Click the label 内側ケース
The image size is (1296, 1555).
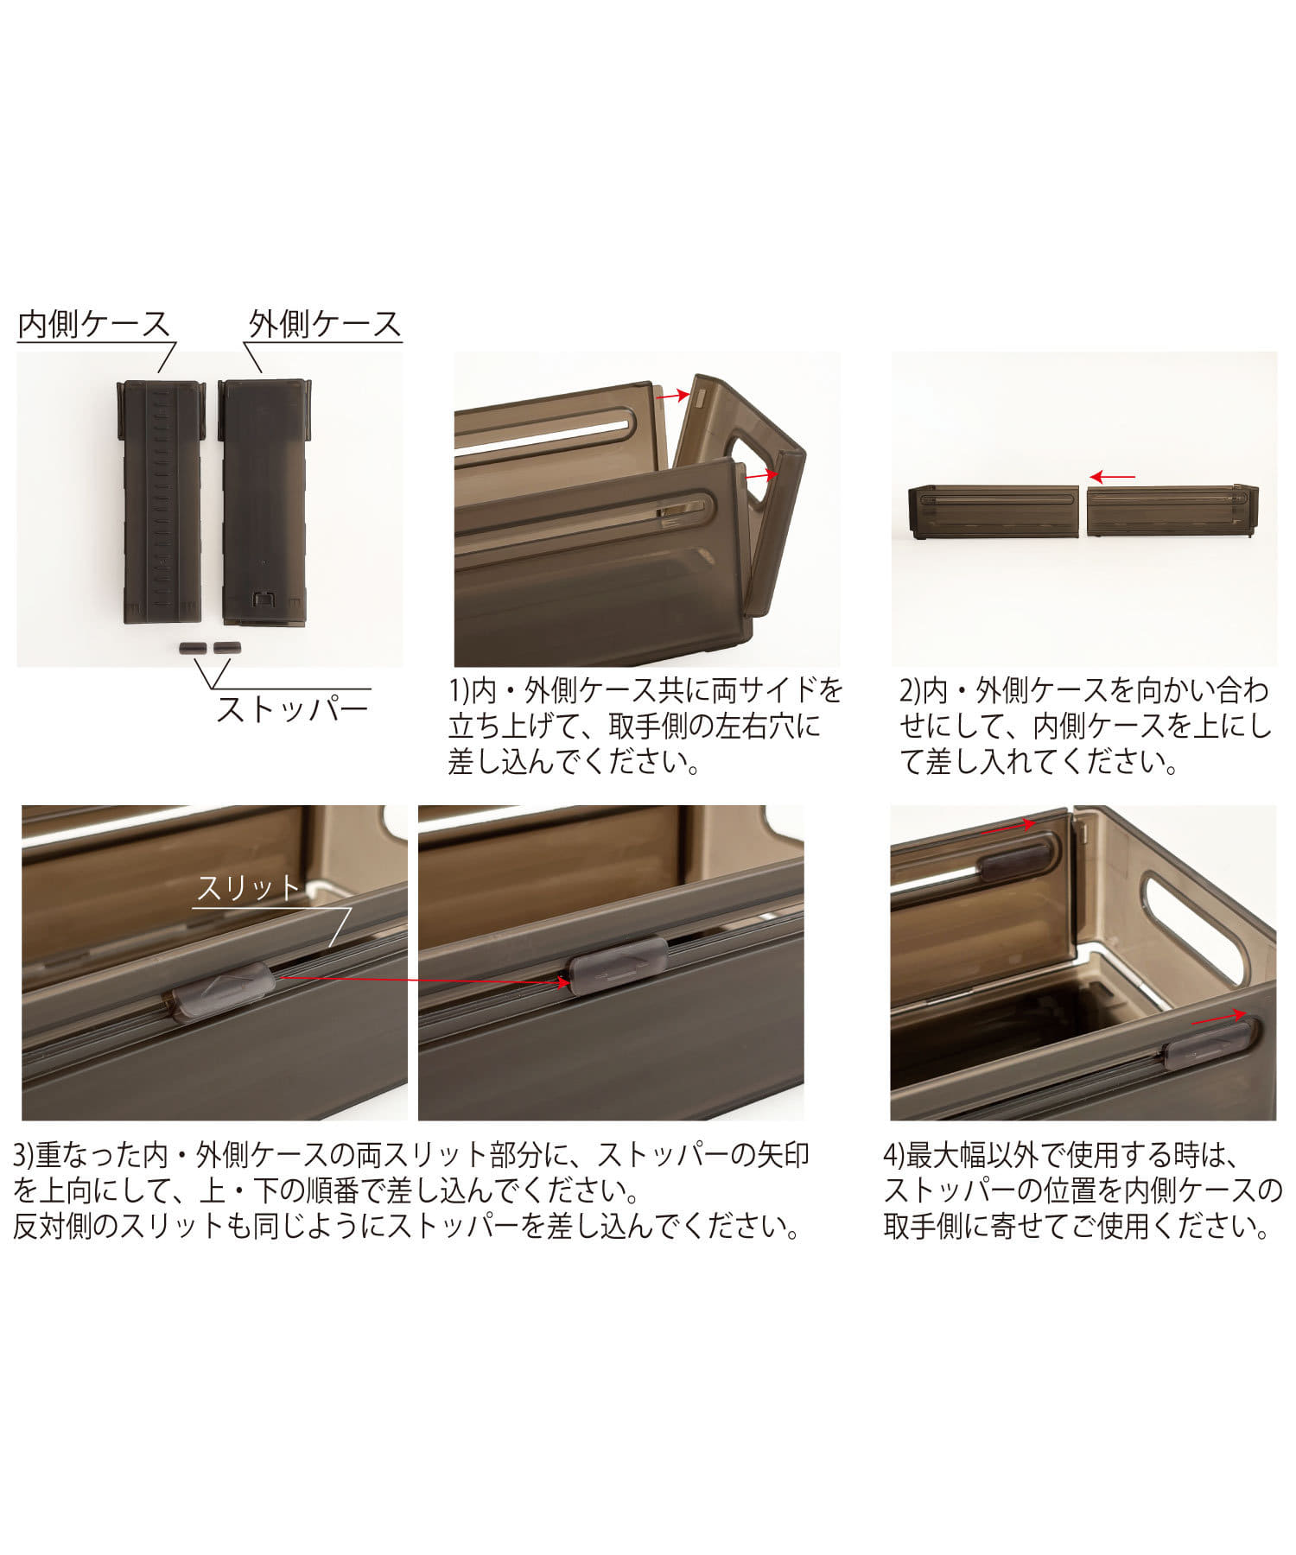point(94,324)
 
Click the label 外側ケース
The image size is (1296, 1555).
point(325,324)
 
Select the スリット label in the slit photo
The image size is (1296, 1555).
point(248,888)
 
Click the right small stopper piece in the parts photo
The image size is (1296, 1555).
point(226,647)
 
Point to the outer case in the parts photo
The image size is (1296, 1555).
point(264,501)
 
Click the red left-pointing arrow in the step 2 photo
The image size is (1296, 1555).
point(1112,477)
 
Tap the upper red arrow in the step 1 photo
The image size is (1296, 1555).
point(672,396)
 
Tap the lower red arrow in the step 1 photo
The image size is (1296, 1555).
point(761,475)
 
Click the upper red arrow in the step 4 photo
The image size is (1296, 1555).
point(1008,827)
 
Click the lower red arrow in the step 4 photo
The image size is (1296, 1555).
point(1220,1019)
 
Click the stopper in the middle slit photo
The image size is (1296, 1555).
point(617,968)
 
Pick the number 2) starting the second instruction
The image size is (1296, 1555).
point(911,690)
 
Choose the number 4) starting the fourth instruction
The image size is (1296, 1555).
point(895,1155)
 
